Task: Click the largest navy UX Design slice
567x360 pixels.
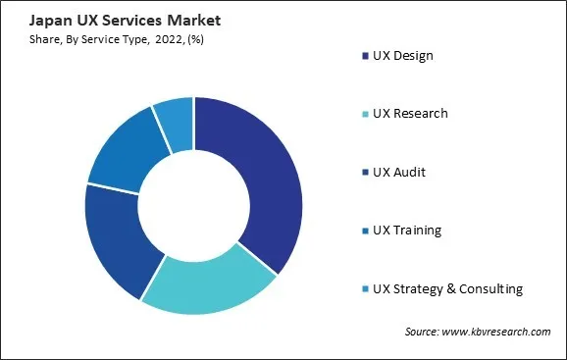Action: (x=260, y=177)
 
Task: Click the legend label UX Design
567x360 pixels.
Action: (x=403, y=56)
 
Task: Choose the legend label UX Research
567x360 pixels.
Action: (x=411, y=114)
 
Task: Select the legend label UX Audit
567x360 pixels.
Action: (x=399, y=173)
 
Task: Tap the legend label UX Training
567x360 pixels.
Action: (x=407, y=231)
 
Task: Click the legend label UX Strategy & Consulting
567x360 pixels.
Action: (x=447, y=289)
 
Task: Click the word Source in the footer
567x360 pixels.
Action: (x=424, y=333)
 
